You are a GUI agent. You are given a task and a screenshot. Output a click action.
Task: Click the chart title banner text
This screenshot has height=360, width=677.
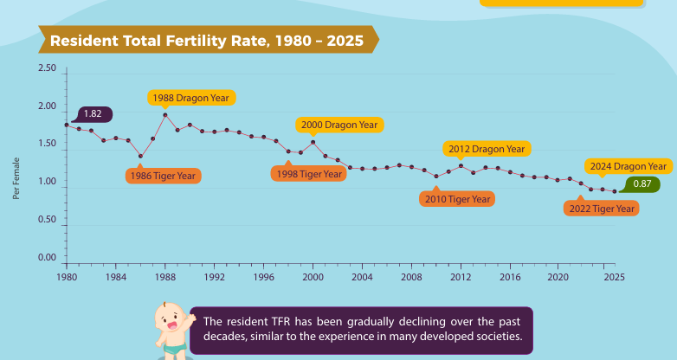207,41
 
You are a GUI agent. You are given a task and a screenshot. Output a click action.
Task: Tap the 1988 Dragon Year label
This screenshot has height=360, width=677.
191,98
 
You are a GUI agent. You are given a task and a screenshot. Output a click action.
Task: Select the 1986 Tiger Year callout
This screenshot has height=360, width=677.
164,176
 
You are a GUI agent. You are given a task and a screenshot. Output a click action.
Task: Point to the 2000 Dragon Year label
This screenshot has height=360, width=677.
339,125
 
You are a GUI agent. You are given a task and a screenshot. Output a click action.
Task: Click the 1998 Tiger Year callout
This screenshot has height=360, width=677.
309,174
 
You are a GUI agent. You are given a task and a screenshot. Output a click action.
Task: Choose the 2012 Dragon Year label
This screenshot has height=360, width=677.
487,149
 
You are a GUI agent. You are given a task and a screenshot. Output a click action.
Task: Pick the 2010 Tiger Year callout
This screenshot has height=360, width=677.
457,198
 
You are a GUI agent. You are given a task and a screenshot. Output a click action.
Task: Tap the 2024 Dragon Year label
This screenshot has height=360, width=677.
629,166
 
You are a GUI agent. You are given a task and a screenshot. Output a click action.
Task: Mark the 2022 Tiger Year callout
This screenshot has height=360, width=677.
602,208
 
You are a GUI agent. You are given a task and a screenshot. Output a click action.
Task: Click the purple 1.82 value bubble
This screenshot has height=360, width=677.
93,114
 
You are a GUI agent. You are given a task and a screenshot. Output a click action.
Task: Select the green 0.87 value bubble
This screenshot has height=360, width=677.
642,183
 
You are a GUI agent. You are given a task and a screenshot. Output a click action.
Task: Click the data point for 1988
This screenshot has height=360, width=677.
165,115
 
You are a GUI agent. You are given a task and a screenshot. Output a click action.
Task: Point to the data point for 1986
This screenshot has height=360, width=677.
141,157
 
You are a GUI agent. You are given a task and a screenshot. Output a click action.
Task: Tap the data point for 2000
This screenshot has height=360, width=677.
313,142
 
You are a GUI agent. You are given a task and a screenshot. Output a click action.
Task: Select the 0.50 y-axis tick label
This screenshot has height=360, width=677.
47,219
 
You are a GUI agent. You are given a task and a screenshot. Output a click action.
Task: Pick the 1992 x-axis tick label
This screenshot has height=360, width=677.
215,277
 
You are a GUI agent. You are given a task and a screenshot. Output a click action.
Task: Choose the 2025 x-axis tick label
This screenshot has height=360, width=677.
615,277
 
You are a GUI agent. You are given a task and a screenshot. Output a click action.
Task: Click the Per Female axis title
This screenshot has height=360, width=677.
16,178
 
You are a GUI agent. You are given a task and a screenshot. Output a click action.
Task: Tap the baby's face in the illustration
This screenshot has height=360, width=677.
170,318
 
